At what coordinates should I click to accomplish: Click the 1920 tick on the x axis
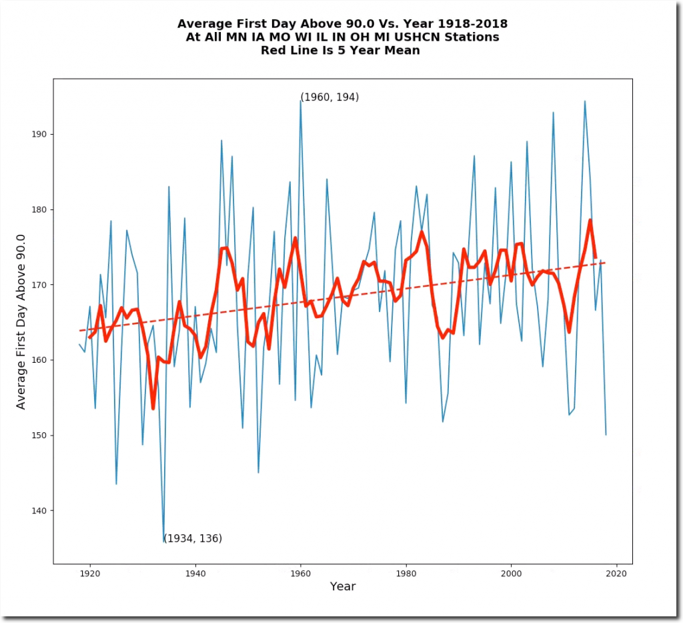click(x=89, y=564)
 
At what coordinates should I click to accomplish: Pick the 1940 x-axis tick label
click(x=195, y=572)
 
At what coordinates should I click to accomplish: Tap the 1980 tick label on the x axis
click(x=406, y=572)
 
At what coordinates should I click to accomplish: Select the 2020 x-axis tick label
click(x=616, y=572)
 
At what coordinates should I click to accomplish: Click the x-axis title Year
click(x=342, y=587)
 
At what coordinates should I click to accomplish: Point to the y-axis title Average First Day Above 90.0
click(x=21, y=322)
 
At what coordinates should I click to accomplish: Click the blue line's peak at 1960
click(x=300, y=100)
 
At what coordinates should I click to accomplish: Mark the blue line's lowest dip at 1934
click(x=163, y=541)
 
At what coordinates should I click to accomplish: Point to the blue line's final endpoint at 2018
click(x=606, y=435)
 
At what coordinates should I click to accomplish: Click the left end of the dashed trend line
click(x=79, y=331)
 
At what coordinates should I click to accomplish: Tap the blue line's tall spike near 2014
click(x=585, y=101)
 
